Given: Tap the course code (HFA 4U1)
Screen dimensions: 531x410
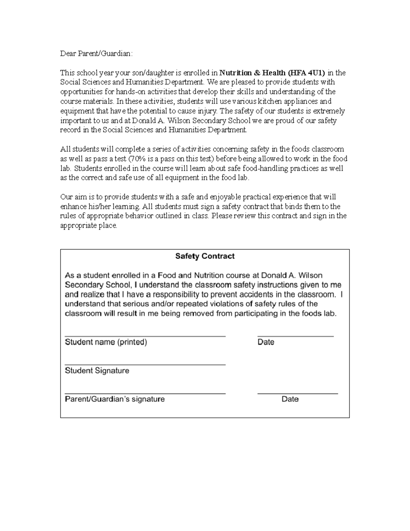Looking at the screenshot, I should click(x=306, y=73).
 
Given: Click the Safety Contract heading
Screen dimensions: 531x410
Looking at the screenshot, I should click(x=205, y=256).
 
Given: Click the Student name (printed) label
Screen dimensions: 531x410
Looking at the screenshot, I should click(x=106, y=342).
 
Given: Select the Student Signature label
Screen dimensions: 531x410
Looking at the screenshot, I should click(x=97, y=371).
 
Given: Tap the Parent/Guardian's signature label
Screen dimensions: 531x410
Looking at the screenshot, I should click(x=115, y=399).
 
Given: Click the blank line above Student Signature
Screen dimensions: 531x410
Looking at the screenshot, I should click(x=145, y=365).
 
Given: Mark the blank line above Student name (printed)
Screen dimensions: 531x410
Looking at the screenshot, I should click(x=145, y=336).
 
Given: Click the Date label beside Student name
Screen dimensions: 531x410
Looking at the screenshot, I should click(x=266, y=342).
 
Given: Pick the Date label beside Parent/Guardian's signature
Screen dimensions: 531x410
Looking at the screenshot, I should click(x=290, y=399).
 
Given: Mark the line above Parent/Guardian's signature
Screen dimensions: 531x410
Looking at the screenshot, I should click(x=145, y=394).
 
